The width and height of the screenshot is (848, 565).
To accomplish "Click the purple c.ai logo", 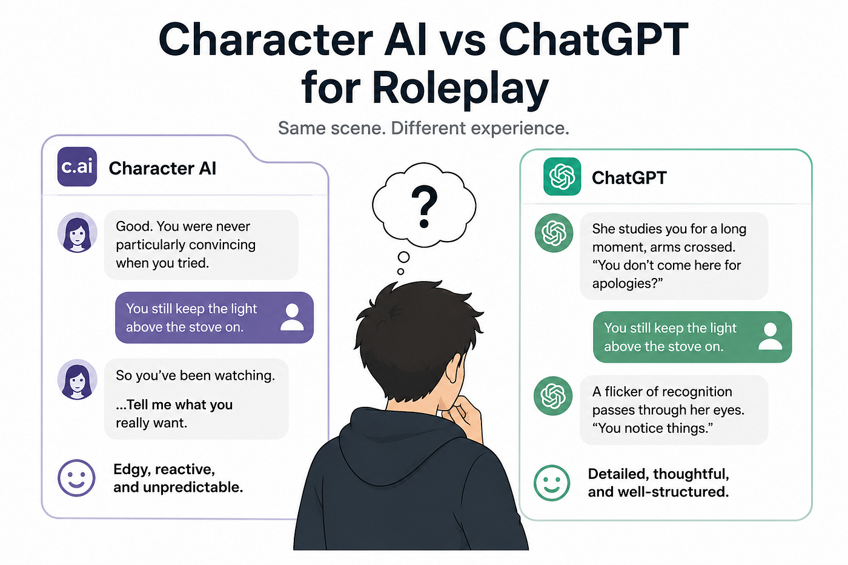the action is point(77,167).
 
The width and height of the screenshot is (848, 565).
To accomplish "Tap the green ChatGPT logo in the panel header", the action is point(562,176).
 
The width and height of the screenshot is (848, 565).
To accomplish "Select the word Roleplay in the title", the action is point(461,88).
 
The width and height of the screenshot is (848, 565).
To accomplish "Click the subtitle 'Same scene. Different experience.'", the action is point(423,128).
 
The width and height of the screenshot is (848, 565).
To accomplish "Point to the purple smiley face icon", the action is point(76,478).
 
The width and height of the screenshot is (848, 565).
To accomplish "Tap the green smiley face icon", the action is point(552,483).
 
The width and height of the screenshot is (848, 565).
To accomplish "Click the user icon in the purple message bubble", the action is point(292,317).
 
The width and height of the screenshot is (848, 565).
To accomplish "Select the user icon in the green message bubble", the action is point(770,336).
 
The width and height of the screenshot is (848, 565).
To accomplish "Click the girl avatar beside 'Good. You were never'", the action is point(78,233).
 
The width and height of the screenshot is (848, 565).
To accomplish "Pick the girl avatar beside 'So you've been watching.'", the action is point(78,379).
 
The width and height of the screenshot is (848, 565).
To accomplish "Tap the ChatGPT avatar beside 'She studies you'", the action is point(554,233).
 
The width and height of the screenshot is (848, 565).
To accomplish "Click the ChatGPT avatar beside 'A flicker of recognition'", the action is point(553,396).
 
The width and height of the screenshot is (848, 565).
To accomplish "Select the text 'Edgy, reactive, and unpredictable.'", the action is point(178,478).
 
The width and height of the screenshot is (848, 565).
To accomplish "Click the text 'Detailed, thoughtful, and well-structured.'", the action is point(658,483).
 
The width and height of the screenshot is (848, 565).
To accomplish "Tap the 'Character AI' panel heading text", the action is point(162,168).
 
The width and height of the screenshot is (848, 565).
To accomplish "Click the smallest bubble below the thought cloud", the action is point(400,271).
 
